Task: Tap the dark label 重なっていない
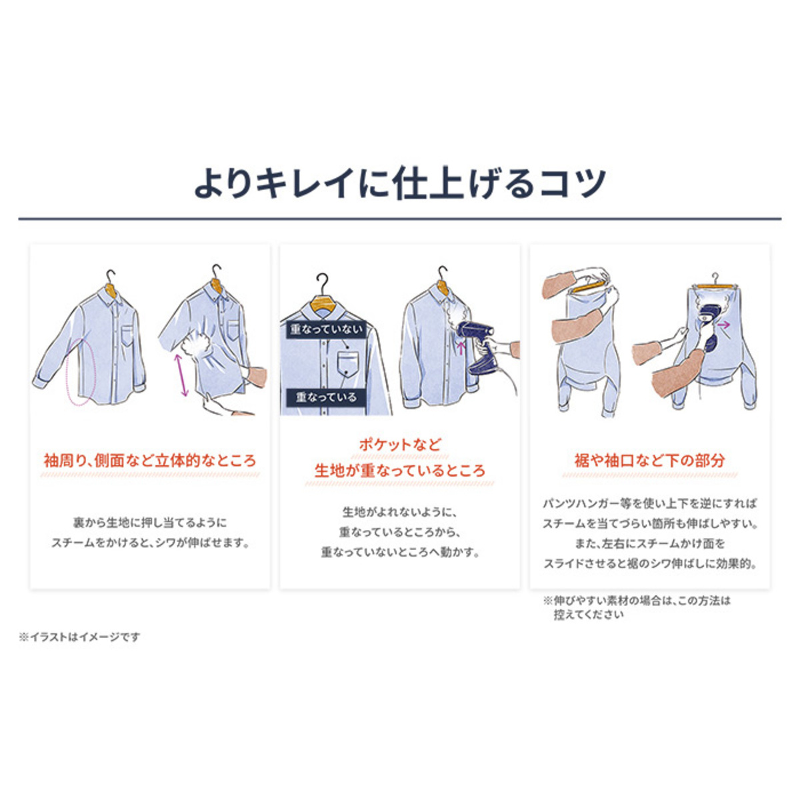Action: point(326,330)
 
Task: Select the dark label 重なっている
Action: point(326,397)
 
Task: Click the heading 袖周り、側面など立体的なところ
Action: point(150,461)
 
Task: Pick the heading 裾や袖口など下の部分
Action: point(650,461)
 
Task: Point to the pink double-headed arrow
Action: point(181,375)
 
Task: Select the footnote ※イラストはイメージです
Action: point(79,637)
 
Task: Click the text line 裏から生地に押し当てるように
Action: point(150,522)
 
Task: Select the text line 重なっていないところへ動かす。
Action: point(400,553)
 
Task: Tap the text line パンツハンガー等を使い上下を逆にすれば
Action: point(650,504)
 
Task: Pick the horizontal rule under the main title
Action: point(400,219)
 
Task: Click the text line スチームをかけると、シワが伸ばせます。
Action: point(150,543)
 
